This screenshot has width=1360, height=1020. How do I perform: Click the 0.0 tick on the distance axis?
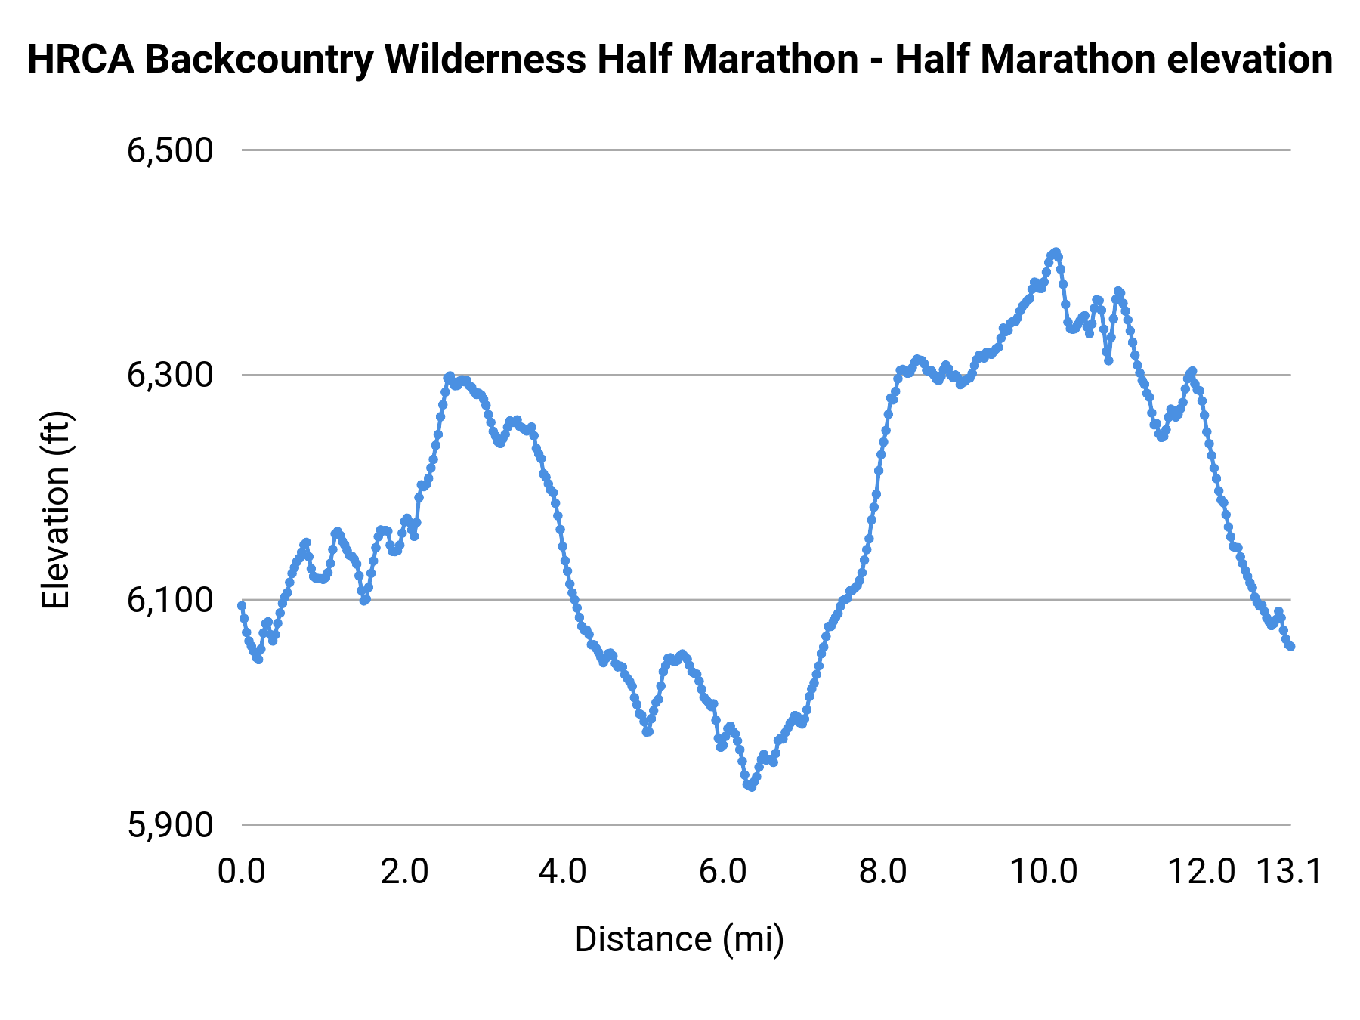(242, 871)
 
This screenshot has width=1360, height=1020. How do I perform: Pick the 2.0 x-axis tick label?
(403, 871)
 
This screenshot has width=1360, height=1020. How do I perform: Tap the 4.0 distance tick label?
(563, 871)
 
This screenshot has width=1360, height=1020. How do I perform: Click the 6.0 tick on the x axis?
(723, 871)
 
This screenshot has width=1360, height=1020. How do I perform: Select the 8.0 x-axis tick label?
(883, 871)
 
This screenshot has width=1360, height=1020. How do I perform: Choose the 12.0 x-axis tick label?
(1202, 871)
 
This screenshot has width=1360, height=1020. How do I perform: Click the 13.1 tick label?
(1289, 871)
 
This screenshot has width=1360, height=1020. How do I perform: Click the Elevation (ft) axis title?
(56, 510)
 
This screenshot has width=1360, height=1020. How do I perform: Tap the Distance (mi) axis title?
(679, 939)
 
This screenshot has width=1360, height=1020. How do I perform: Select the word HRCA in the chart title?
(80, 59)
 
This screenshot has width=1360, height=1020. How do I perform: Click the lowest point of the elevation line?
(750, 787)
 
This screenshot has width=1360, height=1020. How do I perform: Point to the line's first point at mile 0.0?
(242, 605)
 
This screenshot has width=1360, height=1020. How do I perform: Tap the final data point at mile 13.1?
(1291, 647)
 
